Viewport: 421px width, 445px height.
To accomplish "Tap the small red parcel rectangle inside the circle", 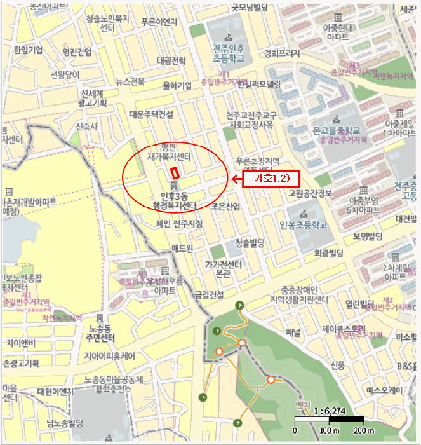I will (x=175, y=172).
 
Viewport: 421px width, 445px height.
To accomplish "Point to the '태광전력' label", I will (x=171, y=61).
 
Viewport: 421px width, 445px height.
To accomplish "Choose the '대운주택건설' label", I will (x=150, y=114).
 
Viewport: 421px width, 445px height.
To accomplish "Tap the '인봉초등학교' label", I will (x=303, y=224).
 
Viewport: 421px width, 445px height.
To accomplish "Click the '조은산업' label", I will (x=225, y=207).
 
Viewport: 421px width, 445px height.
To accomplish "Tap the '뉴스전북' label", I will (x=130, y=81).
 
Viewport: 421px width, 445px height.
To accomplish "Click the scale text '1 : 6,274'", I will (x=329, y=411).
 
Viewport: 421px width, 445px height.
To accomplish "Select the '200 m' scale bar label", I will (x=363, y=432).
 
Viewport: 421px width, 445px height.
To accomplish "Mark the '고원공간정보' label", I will (x=308, y=193).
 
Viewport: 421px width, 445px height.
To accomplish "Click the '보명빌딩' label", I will (x=365, y=236).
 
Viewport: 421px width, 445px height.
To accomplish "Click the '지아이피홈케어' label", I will (x=110, y=356).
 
